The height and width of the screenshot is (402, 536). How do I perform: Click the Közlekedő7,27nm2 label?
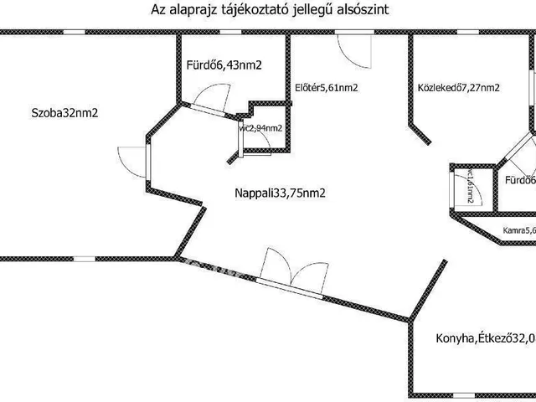[x=458, y=88]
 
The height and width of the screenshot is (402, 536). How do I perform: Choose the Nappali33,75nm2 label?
[x=281, y=193]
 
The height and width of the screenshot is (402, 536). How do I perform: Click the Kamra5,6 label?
[x=518, y=231]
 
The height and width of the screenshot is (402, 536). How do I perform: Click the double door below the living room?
[x=290, y=276]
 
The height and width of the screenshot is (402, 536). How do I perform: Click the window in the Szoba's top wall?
[x=75, y=32]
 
